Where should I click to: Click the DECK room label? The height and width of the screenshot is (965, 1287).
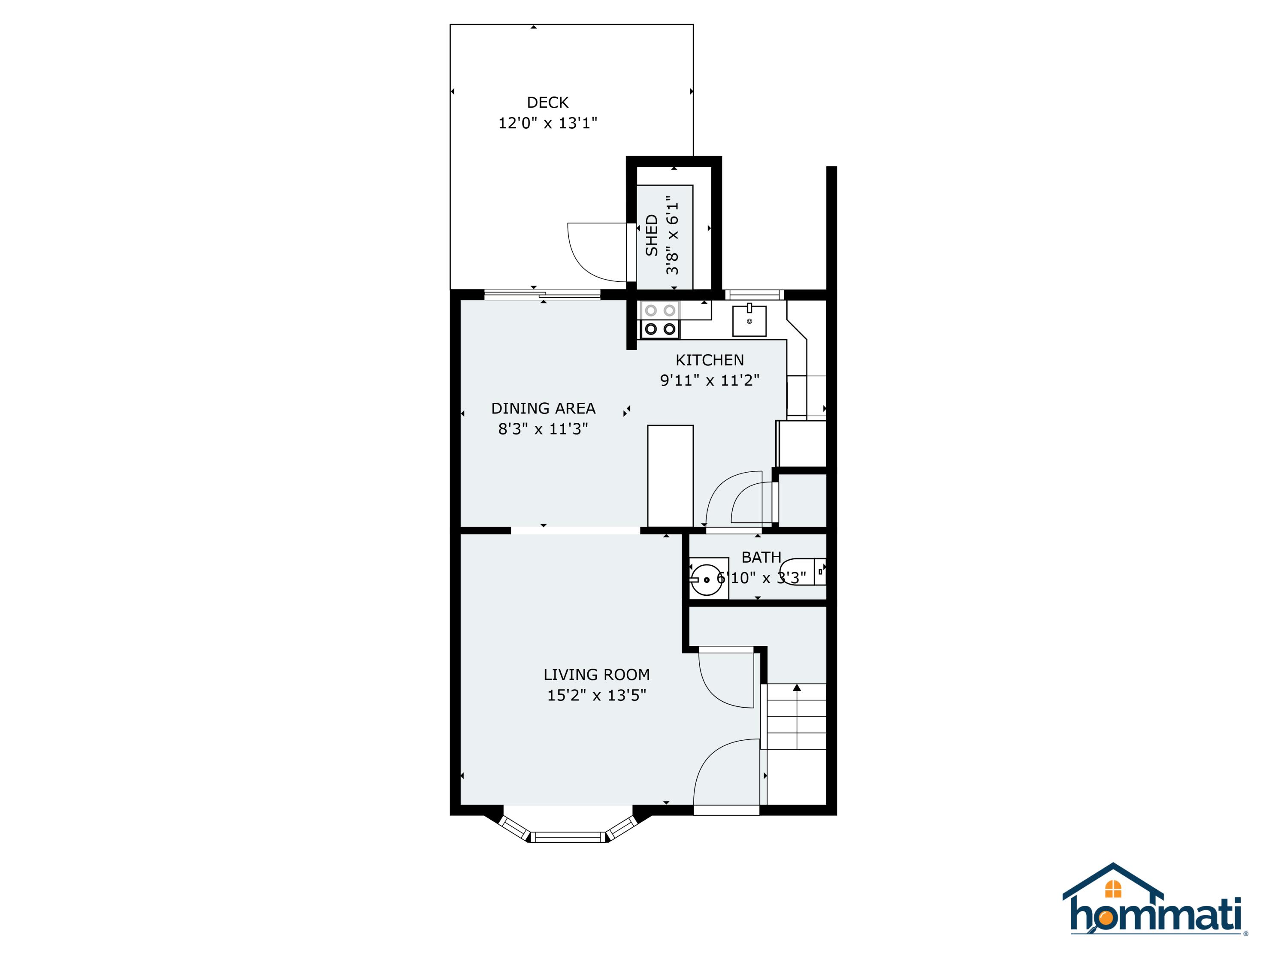coord(547,103)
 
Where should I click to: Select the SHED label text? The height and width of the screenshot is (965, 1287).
coord(652,235)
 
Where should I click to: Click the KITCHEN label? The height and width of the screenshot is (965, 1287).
coord(709,360)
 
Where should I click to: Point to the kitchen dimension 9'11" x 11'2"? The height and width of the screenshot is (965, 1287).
coord(709,380)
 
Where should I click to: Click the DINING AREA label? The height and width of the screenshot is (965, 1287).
coord(543,408)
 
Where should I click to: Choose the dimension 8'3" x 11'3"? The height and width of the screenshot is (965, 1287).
coord(543,429)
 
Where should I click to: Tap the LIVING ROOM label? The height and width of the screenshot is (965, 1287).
coord(596,675)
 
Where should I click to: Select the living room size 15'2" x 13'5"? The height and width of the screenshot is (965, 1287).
coord(596,695)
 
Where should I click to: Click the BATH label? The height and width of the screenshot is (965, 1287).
coord(761,557)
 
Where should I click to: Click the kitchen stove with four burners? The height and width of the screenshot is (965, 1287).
coord(660,320)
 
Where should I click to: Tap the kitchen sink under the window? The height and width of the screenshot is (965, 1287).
coord(749,320)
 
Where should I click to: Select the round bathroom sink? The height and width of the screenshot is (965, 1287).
coord(706,579)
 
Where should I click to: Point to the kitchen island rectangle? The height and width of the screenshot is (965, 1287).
coord(670,476)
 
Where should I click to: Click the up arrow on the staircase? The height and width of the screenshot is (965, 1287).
coord(797,688)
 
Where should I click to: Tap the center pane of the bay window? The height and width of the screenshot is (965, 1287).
coord(570,837)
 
